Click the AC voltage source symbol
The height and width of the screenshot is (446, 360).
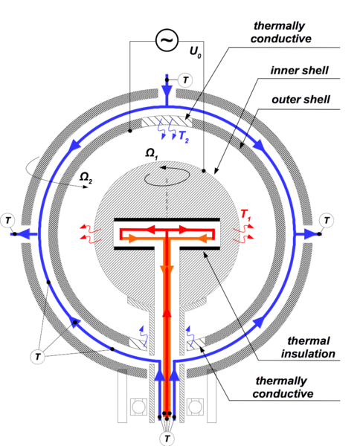pos(167,40)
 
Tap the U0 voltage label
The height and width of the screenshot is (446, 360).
pos(195,52)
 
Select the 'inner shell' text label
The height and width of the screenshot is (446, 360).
pos(300,71)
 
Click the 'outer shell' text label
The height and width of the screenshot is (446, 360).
pos(300,100)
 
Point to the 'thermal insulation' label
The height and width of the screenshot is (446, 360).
pos(308,347)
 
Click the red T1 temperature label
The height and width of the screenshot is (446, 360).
pos(245,215)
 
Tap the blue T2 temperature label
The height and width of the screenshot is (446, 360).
pos(184,137)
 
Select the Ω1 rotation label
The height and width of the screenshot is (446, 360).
pos(152,154)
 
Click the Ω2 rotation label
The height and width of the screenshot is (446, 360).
pos(86,178)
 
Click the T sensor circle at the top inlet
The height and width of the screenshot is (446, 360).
pos(185,80)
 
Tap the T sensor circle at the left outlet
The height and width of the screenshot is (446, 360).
pos(7,220)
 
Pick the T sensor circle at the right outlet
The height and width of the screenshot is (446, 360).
pos(327,220)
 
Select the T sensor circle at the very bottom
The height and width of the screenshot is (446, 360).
pos(167,438)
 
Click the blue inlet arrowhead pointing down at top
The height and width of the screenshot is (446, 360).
pos(167,90)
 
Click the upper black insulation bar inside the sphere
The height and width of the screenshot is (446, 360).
pos(167,219)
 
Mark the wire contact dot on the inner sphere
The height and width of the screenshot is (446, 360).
pos(204,171)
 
